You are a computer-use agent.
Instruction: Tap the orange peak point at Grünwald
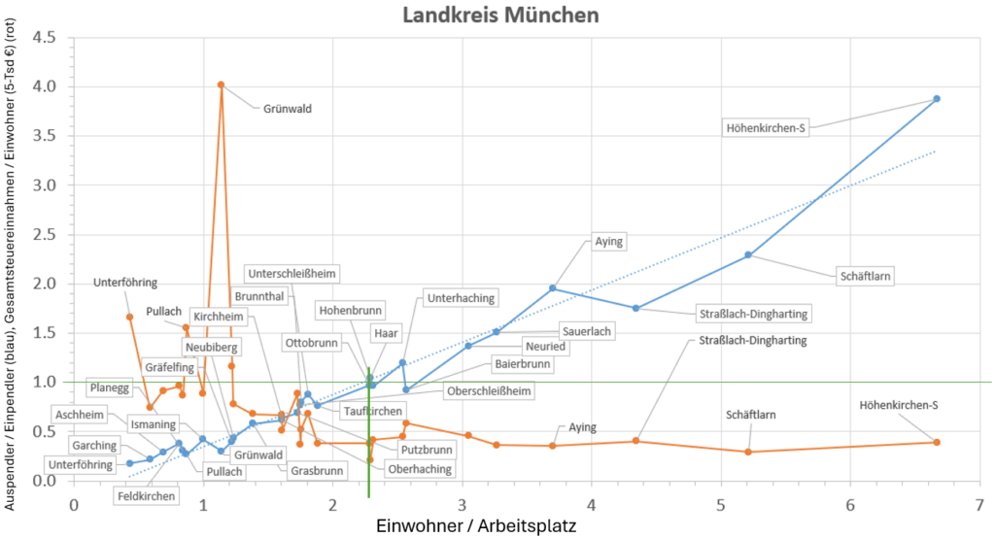222,84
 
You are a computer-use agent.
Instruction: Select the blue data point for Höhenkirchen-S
937,98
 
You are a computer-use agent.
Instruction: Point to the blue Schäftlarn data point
748,254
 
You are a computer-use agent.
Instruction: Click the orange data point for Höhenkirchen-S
937,442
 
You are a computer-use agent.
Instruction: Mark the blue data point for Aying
553,287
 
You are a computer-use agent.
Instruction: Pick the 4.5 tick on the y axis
44,38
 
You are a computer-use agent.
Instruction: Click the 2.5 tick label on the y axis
44,234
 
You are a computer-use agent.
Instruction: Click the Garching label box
95,446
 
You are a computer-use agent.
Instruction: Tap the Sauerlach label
587,332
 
